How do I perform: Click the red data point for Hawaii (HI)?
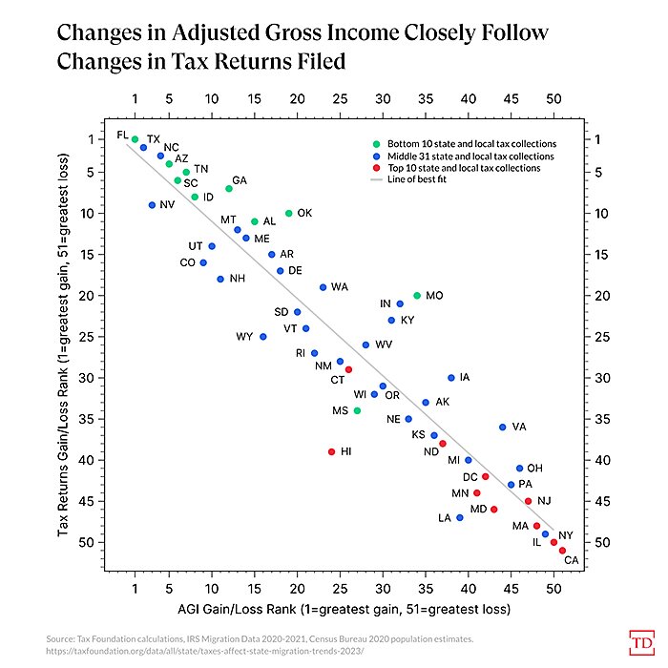[331, 451]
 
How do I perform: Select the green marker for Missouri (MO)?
[416, 296]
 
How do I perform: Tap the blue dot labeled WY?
[262, 337]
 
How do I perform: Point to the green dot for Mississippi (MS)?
[357, 410]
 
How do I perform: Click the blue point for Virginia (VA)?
[502, 427]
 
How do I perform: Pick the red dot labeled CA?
[562, 551]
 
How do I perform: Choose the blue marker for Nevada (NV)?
[152, 205]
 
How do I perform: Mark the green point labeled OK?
[288, 213]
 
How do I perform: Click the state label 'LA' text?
[444, 518]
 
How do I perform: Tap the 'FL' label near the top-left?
[122, 135]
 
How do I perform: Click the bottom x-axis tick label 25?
[340, 585]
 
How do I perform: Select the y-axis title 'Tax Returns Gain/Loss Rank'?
[63, 355]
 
